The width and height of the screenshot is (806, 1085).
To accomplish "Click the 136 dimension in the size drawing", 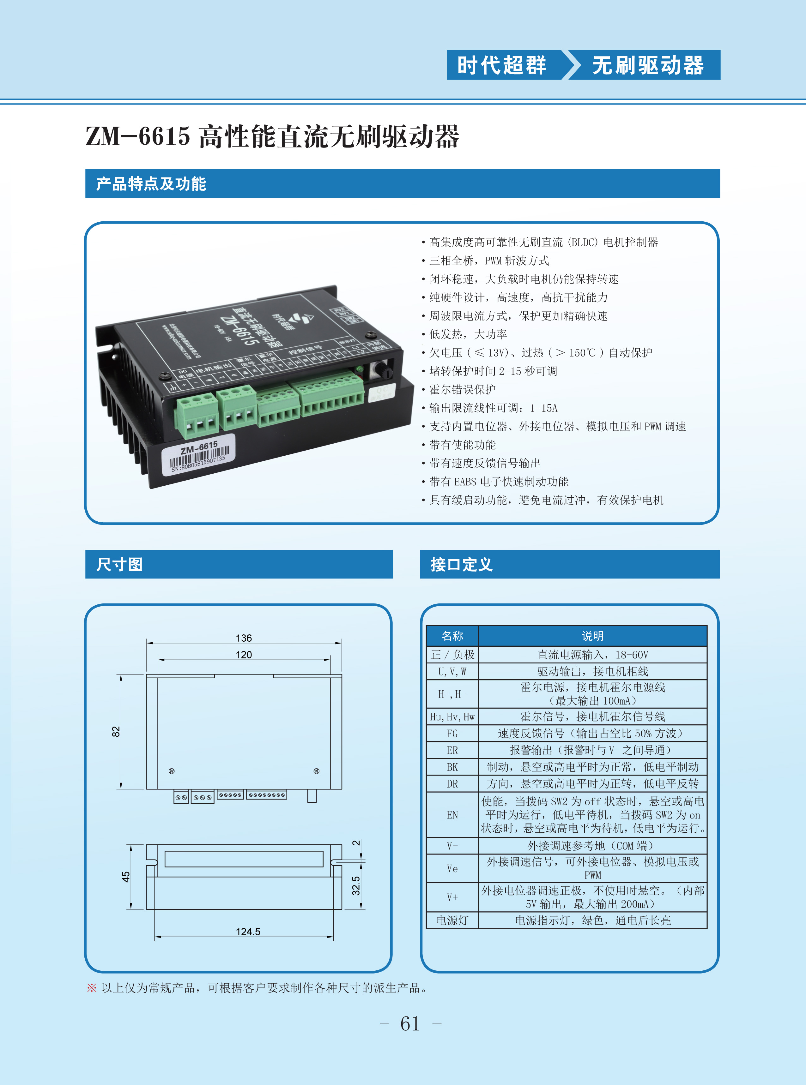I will (244, 638).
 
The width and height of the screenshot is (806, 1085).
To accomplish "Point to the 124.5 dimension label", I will (248, 932).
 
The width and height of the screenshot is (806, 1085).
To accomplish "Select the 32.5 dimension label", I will (356, 885).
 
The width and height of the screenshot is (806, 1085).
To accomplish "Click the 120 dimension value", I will (244, 654).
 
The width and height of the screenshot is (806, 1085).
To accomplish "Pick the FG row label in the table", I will (452, 734).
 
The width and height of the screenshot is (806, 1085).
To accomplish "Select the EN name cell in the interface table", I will (452, 815).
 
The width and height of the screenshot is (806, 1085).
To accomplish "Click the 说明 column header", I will (592, 636).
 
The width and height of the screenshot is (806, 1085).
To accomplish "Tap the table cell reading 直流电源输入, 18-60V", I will (592, 654).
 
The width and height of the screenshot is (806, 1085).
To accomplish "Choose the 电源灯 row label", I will (452, 920).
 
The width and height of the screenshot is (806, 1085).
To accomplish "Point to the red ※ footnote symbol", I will (91, 988).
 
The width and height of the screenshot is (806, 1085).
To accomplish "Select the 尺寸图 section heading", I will (119, 564).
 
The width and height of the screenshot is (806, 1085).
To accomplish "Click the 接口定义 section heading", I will (461, 564).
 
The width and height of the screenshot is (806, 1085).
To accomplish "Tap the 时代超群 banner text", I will (501, 65).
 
